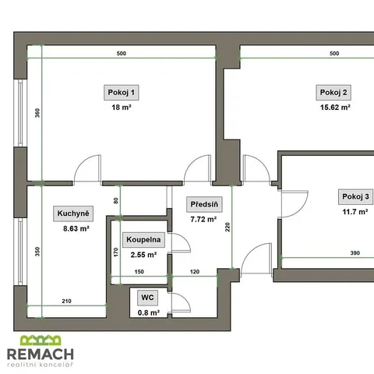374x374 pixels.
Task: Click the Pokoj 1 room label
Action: click(122, 93)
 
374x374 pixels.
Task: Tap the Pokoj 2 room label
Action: click(333, 93)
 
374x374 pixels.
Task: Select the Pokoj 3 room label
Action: click(355, 196)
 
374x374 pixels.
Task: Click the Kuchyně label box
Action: click(73, 213)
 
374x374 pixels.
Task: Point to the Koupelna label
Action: click(143, 239)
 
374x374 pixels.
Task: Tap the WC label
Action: click(147, 298)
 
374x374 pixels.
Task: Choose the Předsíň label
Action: click(204, 204)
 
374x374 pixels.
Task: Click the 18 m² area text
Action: click(122, 108)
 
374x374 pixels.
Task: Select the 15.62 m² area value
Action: click(335, 108)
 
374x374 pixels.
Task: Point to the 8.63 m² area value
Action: click(76, 228)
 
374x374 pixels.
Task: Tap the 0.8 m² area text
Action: click(149, 312)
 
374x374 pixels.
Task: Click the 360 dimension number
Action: click(37, 113)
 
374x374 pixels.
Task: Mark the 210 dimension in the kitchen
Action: click(66, 301)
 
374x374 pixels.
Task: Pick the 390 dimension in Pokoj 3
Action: click(355, 253)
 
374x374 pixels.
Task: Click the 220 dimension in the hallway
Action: click(228, 227)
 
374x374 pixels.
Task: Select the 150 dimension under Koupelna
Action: click(139, 272)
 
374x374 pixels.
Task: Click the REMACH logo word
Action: click(41, 354)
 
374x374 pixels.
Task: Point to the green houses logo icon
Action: click(41, 340)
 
